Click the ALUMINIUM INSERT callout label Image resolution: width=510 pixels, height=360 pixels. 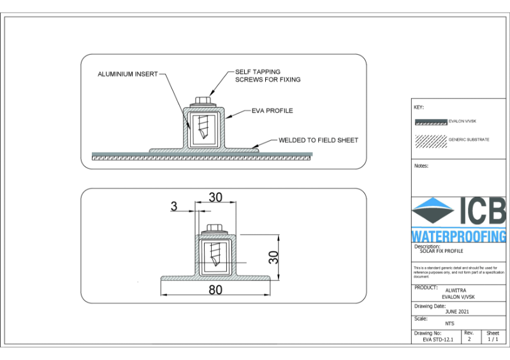pos(127,74)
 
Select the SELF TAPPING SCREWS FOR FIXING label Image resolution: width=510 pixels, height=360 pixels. pos(267,76)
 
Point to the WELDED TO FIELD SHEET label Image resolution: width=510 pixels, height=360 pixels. pos(318,140)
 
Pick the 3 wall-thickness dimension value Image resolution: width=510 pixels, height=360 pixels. pos(173,206)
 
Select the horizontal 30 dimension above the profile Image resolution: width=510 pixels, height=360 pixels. pos(215,198)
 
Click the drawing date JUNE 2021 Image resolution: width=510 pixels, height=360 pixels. pos(458,312)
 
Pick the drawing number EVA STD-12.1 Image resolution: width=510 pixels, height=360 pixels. pos(437,340)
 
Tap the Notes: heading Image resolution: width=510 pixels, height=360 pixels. pos(421,166)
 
